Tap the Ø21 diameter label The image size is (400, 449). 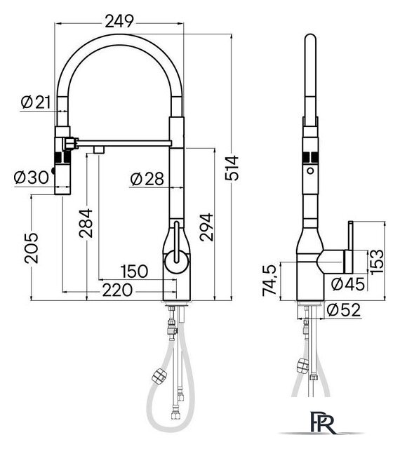[x=35, y=102]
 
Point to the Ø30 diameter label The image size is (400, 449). [x=31, y=177]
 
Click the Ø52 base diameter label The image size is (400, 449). [x=345, y=309]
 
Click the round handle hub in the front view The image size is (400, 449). [x=176, y=262]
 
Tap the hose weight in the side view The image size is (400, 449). [x=303, y=366]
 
